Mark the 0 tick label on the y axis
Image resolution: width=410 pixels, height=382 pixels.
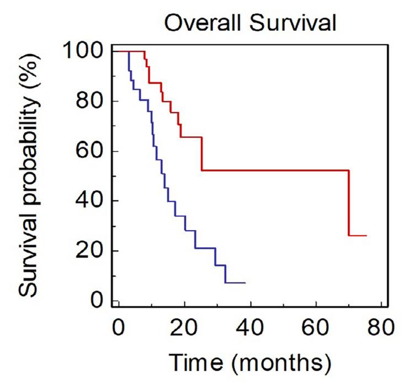click(x=97, y=301)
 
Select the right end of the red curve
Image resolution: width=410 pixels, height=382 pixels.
click(x=366, y=236)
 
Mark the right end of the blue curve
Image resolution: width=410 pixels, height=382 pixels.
click(x=244, y=283)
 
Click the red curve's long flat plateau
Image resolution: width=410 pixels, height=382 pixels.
click(x=276, y=170)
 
